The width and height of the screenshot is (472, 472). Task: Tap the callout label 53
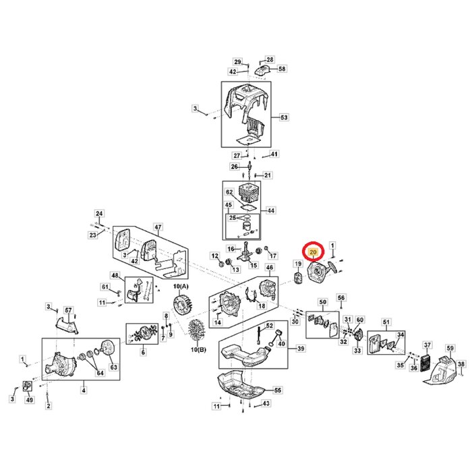coord(284,118)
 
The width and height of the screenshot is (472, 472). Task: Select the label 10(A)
coord(181,287)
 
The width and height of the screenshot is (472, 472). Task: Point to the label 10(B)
coord(198,349)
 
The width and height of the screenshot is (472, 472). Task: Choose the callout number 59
coord(450,348)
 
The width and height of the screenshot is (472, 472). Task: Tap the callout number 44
coord(270,210)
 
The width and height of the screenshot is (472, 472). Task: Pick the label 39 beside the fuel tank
coord(301,349)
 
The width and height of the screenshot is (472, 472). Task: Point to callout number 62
coord(229,192)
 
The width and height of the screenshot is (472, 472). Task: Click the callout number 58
coord(282,69)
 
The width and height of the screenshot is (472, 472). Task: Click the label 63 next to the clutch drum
coord(113,367)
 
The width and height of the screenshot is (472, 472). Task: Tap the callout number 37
coord(426,345)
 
